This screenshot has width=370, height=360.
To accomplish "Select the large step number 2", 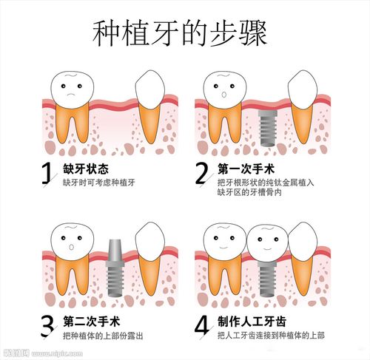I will point(201,173).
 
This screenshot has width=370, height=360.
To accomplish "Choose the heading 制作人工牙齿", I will point(252,322).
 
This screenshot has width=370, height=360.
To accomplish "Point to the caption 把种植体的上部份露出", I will point(103,336).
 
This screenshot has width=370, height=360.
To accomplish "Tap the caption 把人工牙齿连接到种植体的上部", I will point(271,336).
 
